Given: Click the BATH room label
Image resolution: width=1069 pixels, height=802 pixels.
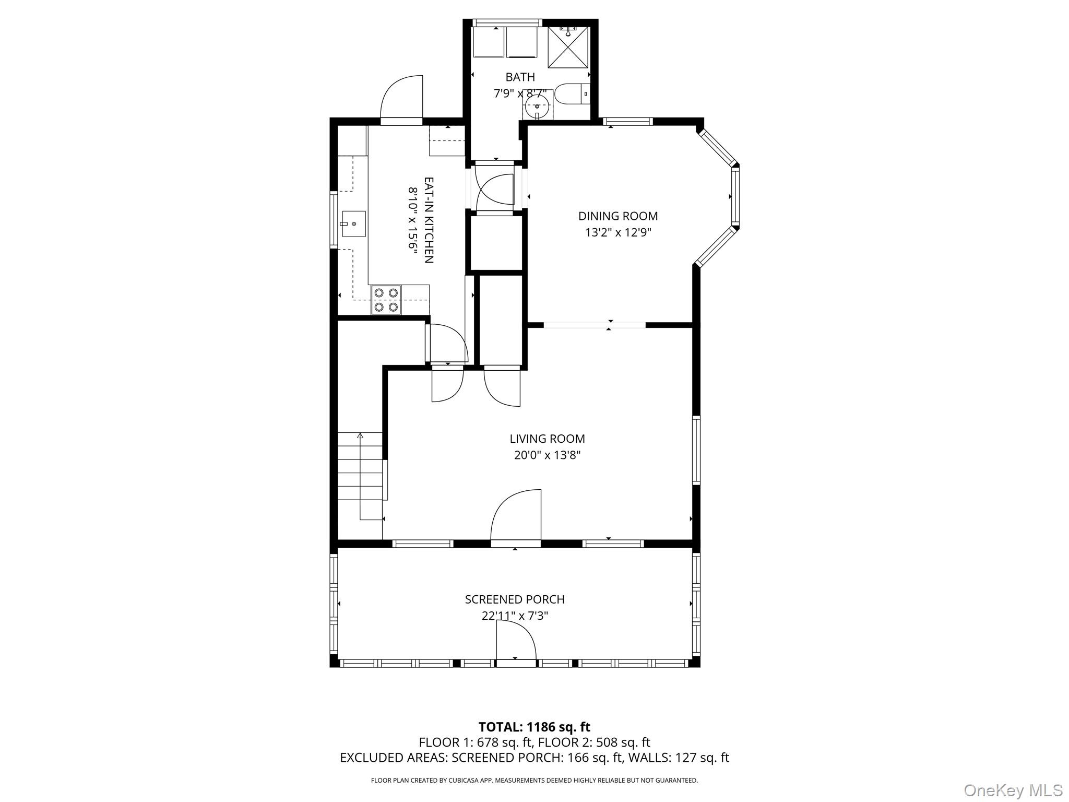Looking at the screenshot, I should pos(520,77).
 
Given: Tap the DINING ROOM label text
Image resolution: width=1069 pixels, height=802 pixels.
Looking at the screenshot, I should pos(617,216).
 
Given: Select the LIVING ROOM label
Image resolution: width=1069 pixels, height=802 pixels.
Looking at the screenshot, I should pos(547,439).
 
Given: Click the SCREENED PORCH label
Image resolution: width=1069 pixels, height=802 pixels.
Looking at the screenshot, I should pos(515,599).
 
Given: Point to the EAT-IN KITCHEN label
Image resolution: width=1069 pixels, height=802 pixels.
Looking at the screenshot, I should pos(429,220).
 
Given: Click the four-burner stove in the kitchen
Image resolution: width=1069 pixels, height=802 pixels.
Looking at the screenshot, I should pos(386,300).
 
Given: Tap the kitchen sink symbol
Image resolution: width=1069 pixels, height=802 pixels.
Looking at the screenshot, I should pos(353,224).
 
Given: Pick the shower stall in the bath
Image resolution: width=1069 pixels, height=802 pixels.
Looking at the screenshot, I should pos(567,48).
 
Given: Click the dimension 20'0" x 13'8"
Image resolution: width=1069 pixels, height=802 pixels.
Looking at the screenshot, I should pos(547,455).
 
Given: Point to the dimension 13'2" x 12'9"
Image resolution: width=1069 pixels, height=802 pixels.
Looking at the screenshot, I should pos(617,232).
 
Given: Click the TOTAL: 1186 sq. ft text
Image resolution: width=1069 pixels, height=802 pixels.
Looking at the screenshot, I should pos(534,727).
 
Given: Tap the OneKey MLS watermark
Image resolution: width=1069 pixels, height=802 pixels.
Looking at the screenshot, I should pos(1013,790).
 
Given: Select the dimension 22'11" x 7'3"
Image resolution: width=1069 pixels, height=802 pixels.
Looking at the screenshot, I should pos(515,616).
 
